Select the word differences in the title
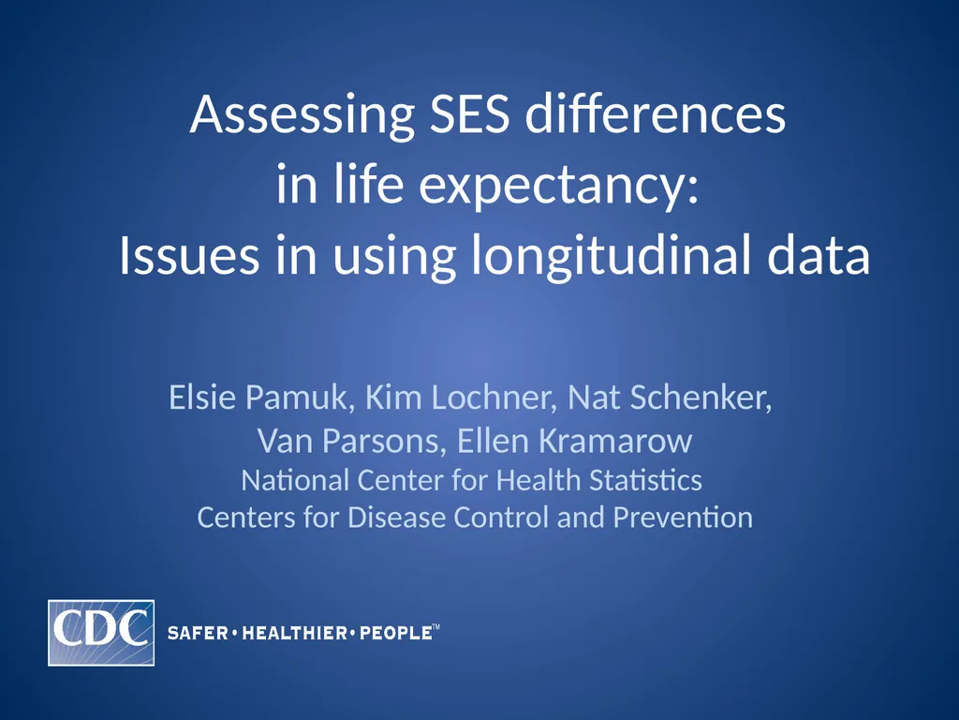pyautogui.click(x=656, y=116)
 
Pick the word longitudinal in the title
pyautogui.click(x=604, y=256)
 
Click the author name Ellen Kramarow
pyautogui.click(x=574, y=440)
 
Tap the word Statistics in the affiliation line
pyautogui.click(x=645, y=481)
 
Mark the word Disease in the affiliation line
pyautogui.click(x=397, y=517)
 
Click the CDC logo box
pyautogui.click(x=101, y=633)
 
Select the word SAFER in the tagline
pyautogui.click(x=198, y=634)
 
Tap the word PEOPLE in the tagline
pyautogui.click(x=394, y=634)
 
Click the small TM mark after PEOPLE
pyautogui.click(x=435, y=629)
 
